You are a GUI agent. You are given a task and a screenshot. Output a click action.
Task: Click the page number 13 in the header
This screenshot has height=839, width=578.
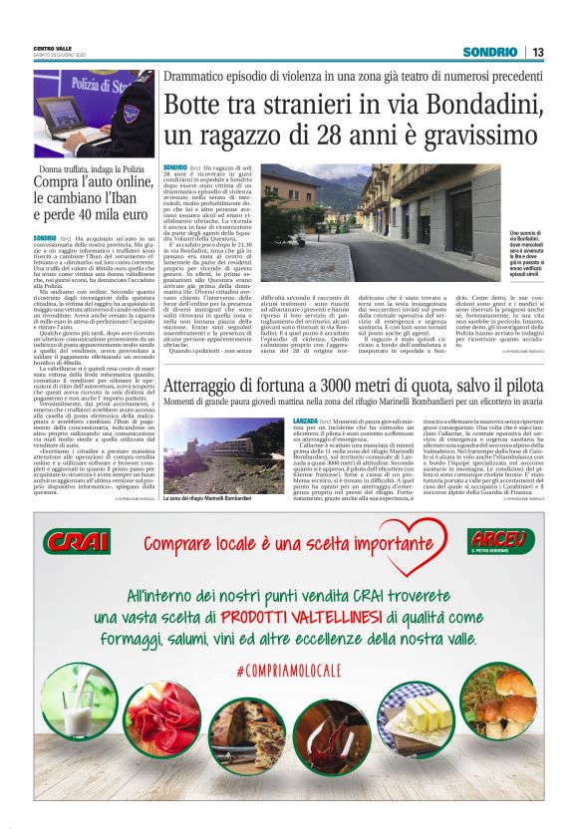click(x=537, y=53)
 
